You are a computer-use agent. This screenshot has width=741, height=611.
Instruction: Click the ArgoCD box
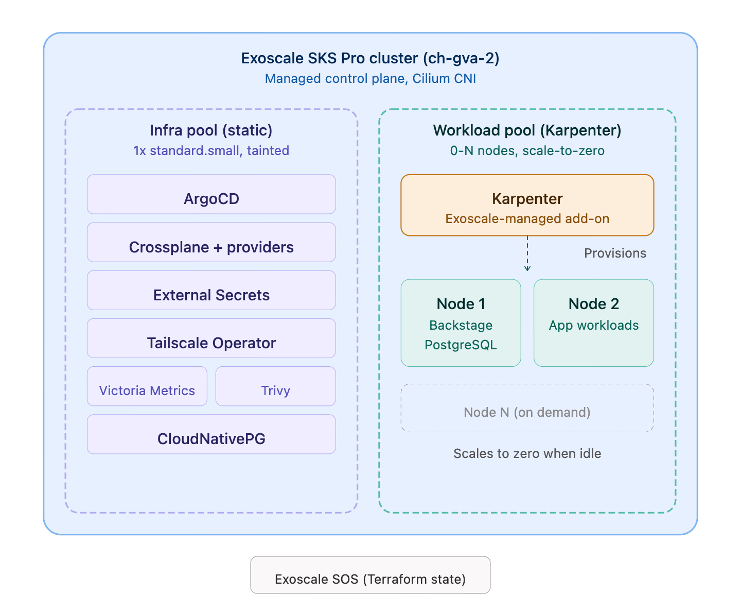[211, 195]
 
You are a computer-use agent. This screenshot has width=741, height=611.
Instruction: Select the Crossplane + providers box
[211, 243]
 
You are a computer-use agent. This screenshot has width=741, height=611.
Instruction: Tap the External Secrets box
[211, 291]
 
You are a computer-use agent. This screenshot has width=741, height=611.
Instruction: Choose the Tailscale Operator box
[211, 338]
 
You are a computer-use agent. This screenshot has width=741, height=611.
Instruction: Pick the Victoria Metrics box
[147, 386]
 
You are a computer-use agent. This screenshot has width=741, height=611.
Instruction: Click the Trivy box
[275, 386]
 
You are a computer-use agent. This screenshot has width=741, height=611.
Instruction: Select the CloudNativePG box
[211, 434]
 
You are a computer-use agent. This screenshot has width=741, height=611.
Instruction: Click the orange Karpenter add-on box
[527, 205]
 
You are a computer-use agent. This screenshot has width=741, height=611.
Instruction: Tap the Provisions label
[615, 253]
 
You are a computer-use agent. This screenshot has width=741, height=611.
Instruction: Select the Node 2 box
[593, 323]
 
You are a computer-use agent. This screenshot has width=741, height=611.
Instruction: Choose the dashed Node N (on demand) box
[527, 408]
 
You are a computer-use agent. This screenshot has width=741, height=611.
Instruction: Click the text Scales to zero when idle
[527, 454]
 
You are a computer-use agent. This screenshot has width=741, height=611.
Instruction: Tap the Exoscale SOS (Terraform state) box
[370, 575]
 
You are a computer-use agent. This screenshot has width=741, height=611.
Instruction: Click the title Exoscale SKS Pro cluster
[370, 58]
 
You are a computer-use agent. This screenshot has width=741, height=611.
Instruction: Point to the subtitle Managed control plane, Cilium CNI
[370, 79]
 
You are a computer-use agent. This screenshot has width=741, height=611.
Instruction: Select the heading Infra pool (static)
[211, 130]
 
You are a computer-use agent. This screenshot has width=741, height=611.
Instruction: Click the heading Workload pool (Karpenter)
[527, 130]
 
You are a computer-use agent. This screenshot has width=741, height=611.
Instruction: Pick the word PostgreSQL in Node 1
[461, 345]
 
